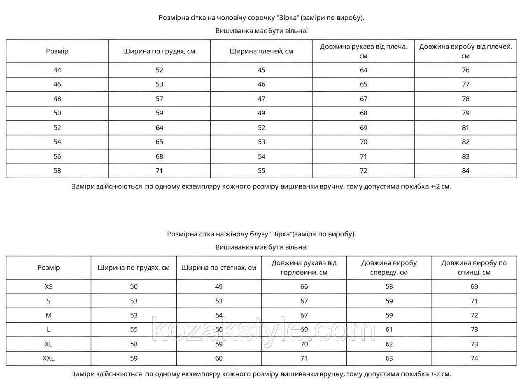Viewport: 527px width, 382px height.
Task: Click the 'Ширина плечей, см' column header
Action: click(261, 51)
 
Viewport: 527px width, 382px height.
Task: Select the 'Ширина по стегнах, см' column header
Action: click(219, 268)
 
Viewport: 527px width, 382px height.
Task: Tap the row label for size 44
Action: click(57, 70)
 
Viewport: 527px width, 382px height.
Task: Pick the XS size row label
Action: click(49, 286)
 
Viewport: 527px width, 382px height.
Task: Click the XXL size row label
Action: click(49, 359)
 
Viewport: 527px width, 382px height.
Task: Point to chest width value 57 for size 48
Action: click(159, 99)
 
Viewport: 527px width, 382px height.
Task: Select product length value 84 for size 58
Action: click(466, 171)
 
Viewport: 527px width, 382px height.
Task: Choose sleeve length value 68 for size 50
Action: click(364, 113)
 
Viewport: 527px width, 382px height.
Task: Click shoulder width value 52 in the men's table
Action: click(261, 128)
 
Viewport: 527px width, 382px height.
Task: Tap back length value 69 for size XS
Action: click(474, 286)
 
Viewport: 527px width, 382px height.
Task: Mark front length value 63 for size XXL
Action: click(389, 359)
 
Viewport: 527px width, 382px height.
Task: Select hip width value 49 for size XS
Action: click(219, 286)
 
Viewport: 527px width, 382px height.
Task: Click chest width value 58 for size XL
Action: click(134, 344)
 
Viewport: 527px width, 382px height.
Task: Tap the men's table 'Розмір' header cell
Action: click(57, 51)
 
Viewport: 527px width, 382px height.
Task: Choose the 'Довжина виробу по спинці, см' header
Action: click(474, 268)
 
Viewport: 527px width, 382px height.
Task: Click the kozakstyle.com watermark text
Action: click(263, 330)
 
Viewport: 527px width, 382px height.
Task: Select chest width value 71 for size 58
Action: click(159, 171)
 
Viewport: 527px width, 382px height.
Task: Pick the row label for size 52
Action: click(57, 128)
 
